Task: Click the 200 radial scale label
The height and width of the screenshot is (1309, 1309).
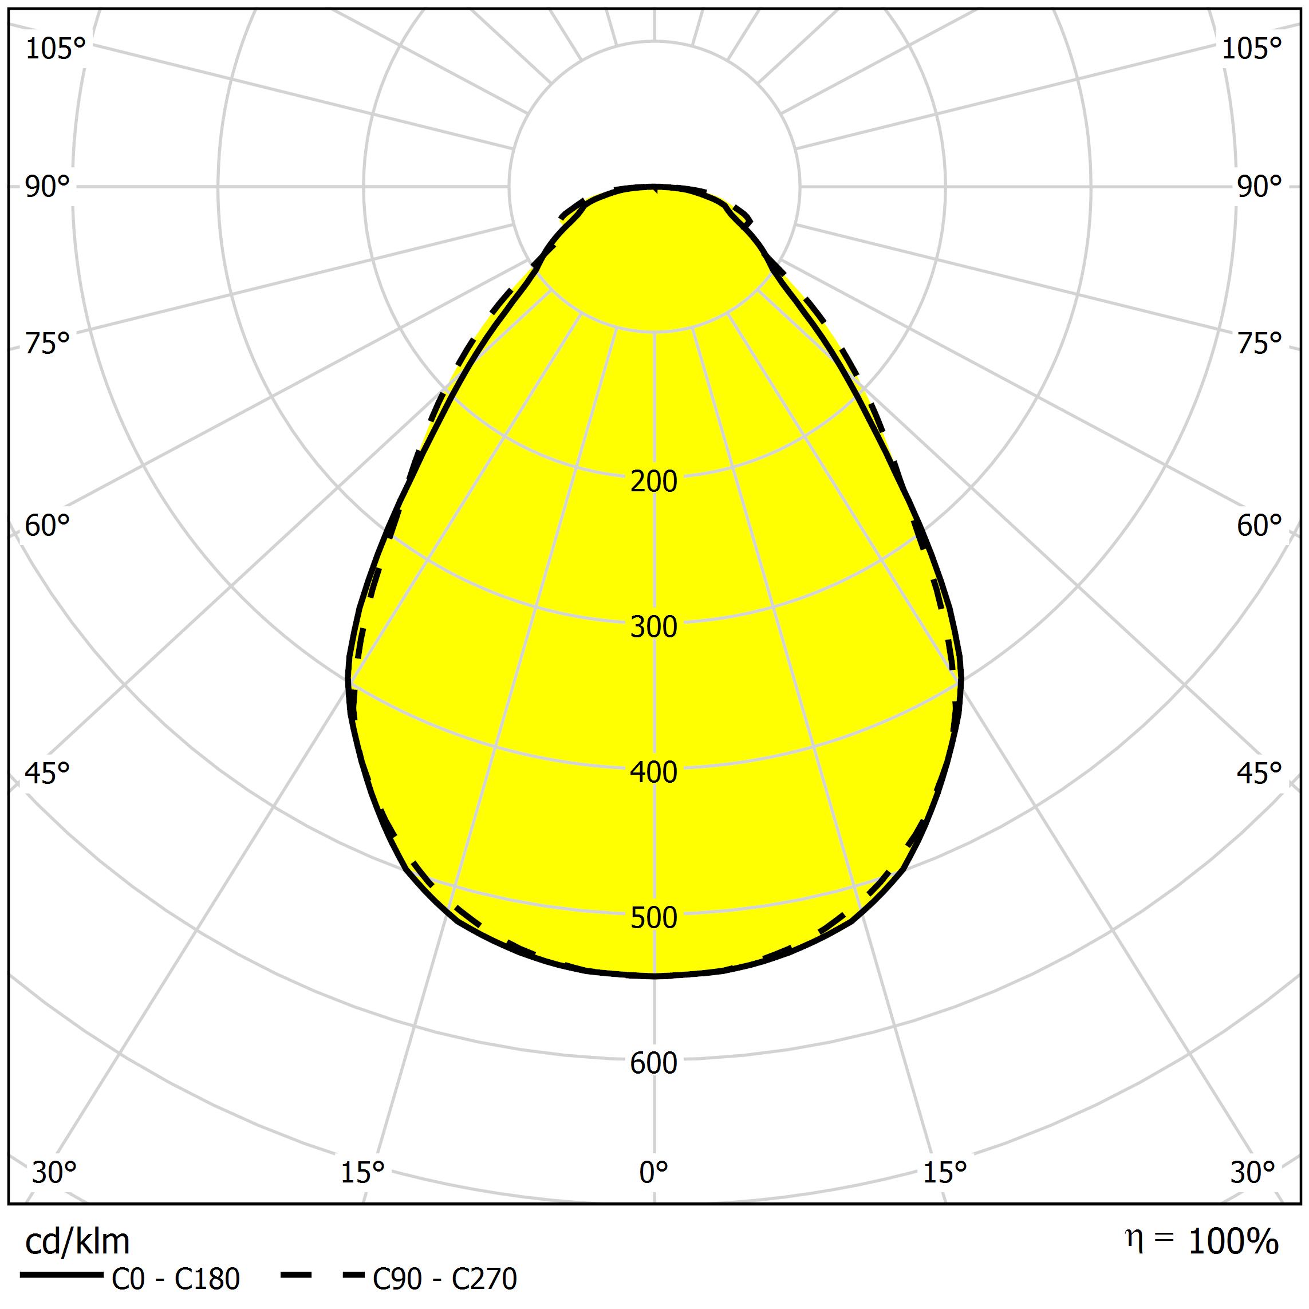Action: pyautogui.click(x=653, y=481)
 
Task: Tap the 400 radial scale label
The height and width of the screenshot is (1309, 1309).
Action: pyautogui.click(x=653, y=772)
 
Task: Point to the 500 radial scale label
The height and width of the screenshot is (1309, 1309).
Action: pyautogui.click(x=653, y=918)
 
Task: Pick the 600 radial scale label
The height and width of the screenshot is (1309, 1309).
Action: pyautogui.click(x=653, y=1063)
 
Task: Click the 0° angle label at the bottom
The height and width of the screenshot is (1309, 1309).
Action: pyautogui.click(x=654, y=1172)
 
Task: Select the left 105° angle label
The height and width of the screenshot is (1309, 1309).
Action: pyautogui.click(x=56, y=49)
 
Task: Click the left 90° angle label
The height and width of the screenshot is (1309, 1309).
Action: pyautogui.click(x=48, y=187)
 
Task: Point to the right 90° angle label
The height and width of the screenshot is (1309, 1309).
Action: pyautogui.click(x=1260, y=187)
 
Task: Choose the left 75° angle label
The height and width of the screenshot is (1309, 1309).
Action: pyautogui.click(x=48, y=344)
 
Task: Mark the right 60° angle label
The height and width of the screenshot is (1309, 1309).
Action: pyautogui.click(x=1260, y=526)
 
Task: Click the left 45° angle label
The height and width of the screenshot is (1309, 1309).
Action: pyautogui.click(x=48, y=773)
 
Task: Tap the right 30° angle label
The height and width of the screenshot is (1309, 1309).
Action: pyautogui.click(x=1253, y=1172)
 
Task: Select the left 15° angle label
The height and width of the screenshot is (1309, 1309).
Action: pyautogui.click(x=362, y=1172)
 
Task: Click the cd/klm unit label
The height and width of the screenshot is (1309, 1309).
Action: pyautogui.click(x=77, y=1241)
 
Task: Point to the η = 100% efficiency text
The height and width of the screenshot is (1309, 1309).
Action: pyautogui.click(x=1202, y=1240)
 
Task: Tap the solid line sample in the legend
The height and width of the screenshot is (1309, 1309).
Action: pyautogui.click(x=62, y=1275)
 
